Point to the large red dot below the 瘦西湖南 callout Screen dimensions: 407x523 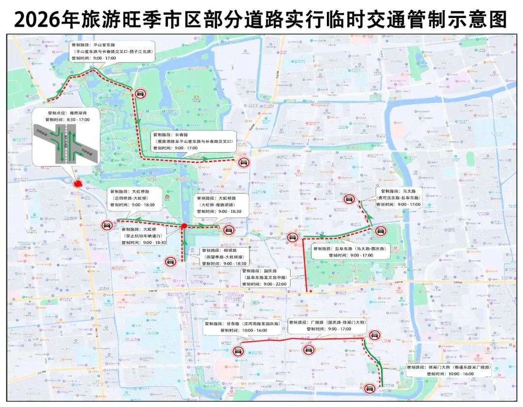77,184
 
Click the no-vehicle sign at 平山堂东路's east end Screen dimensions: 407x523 140,94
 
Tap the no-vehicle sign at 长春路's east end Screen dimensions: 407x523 243,162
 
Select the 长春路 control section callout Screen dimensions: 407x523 193,141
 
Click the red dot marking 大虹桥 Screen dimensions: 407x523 184,226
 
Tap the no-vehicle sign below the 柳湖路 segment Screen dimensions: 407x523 170,262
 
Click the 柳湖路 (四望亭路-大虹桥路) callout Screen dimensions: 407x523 224,257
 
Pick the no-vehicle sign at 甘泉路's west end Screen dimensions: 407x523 238,351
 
